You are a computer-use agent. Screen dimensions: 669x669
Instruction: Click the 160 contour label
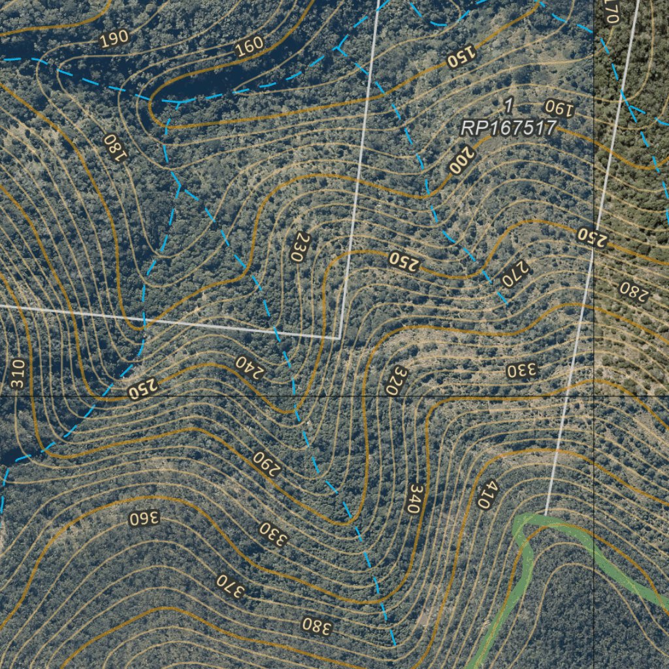click(x=248, y=45)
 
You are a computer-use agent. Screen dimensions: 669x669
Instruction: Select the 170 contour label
click(x=610, y=11)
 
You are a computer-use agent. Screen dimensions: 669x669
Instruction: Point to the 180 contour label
click(x=114, y=149)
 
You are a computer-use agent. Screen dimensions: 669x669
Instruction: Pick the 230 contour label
click(x=297, y=248)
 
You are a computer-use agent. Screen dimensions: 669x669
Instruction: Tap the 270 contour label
click(x=515, y=274)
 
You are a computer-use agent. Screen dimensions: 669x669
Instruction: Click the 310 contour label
click(x=18, y=374)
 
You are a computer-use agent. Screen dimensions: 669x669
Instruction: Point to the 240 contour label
click(x=250, y=368)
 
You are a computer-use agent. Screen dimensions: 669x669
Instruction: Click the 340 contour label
click(x=413, y=498)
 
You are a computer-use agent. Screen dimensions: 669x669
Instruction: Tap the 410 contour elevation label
click(x=487, y=495)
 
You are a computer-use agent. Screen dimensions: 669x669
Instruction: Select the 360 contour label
click(x=144, y=519)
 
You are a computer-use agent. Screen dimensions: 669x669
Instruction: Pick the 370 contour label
click(x=231, y=585)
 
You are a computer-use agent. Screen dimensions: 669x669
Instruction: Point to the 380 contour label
click(x=318, y=626)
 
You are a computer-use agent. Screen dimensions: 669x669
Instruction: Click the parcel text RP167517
click(x=508, y=128)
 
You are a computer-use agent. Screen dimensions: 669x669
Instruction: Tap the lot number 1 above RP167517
click(x=509, y=105)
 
